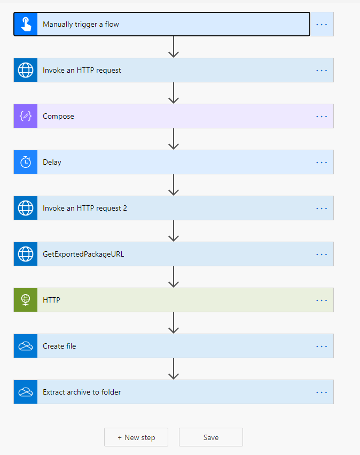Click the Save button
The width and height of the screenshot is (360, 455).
click(211, 437)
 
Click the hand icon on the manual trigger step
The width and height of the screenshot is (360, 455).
click(26, 24)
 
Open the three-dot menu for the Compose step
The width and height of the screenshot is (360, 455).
click(322, 117)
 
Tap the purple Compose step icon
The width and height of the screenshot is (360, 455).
click(26, 116)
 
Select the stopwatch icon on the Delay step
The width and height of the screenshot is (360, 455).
click(26, 162)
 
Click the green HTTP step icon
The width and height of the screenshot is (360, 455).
click(26, 300)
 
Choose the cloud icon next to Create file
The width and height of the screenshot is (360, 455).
click(26, 346)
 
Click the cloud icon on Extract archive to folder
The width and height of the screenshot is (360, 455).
click(26, 392)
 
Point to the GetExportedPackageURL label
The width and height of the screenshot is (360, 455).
click(83, 254)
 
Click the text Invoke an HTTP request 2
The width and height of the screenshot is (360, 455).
click(84, 208)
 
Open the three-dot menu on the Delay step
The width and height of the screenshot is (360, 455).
click(322, 162)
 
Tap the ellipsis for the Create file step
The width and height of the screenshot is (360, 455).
click(322, 346)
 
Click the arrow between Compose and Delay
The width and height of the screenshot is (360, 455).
click(174, 138)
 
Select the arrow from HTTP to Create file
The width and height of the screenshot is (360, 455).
click(174, 323)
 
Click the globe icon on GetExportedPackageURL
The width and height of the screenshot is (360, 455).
click(26, 254)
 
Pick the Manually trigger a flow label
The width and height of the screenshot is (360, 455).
click(81, 25)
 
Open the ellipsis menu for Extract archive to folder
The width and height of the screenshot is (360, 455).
click(322, 392)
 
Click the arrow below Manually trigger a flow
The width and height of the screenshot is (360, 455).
click(174, 47)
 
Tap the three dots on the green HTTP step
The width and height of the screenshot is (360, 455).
click(322, 300)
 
